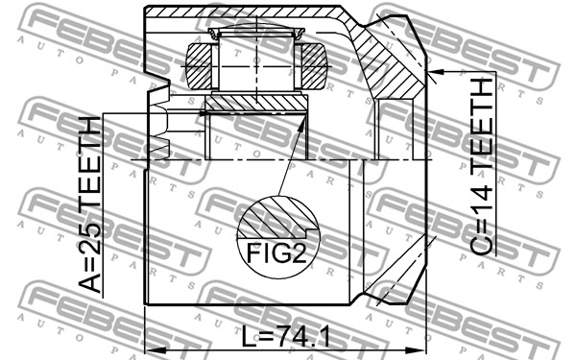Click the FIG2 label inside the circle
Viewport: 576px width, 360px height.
click(x=276, y=253)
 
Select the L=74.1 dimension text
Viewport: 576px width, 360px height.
click(x=286, y=337)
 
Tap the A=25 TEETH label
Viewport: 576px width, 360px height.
click(x=90, y=204)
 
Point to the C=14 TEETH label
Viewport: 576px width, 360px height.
click(x=481, y=167)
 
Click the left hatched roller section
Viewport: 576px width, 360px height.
click(x=199, y=66)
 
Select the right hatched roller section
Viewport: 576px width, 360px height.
click(x=315, y=66)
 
